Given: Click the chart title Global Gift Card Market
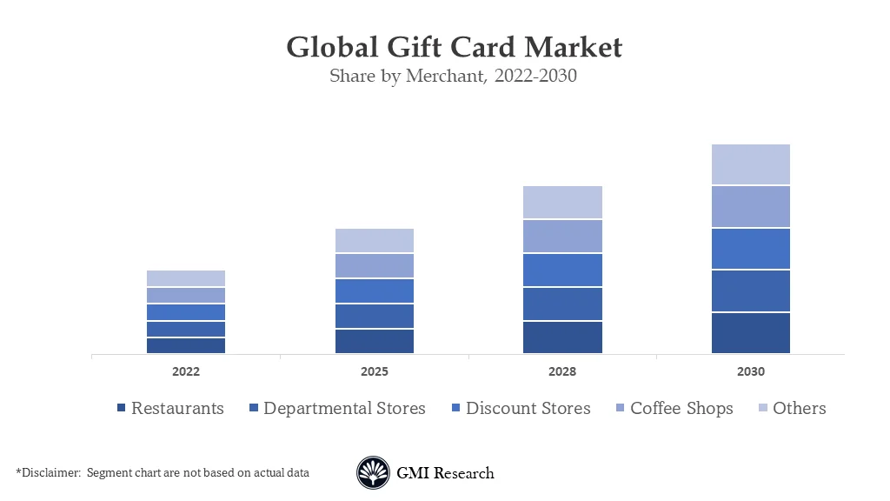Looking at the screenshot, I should coord(454,46).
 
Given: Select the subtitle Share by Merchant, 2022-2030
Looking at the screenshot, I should coord(453,77).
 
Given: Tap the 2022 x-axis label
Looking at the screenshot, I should coord(185,371).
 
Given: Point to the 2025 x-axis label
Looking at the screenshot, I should coord(374,371).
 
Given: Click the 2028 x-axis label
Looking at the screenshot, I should coord(562,371).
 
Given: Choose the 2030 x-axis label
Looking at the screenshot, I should coord(751,371).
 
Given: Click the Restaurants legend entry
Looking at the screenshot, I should coord(170,408).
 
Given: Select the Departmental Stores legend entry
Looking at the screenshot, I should coord(337,408).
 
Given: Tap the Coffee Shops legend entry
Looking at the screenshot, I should coord(674,408).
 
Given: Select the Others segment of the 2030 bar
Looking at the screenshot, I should coord(751,164).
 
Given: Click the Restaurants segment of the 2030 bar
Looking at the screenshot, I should coord(751,333).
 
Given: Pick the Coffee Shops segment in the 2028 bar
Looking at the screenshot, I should coord(562,236).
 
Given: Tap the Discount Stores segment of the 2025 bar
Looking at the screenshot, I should coord(374,291).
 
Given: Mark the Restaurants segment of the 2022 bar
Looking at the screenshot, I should coord(185,345).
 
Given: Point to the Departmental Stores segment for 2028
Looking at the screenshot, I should coord(562,304).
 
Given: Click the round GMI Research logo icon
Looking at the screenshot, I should coord(373,473).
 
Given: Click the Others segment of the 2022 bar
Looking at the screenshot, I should coord(185,278).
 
